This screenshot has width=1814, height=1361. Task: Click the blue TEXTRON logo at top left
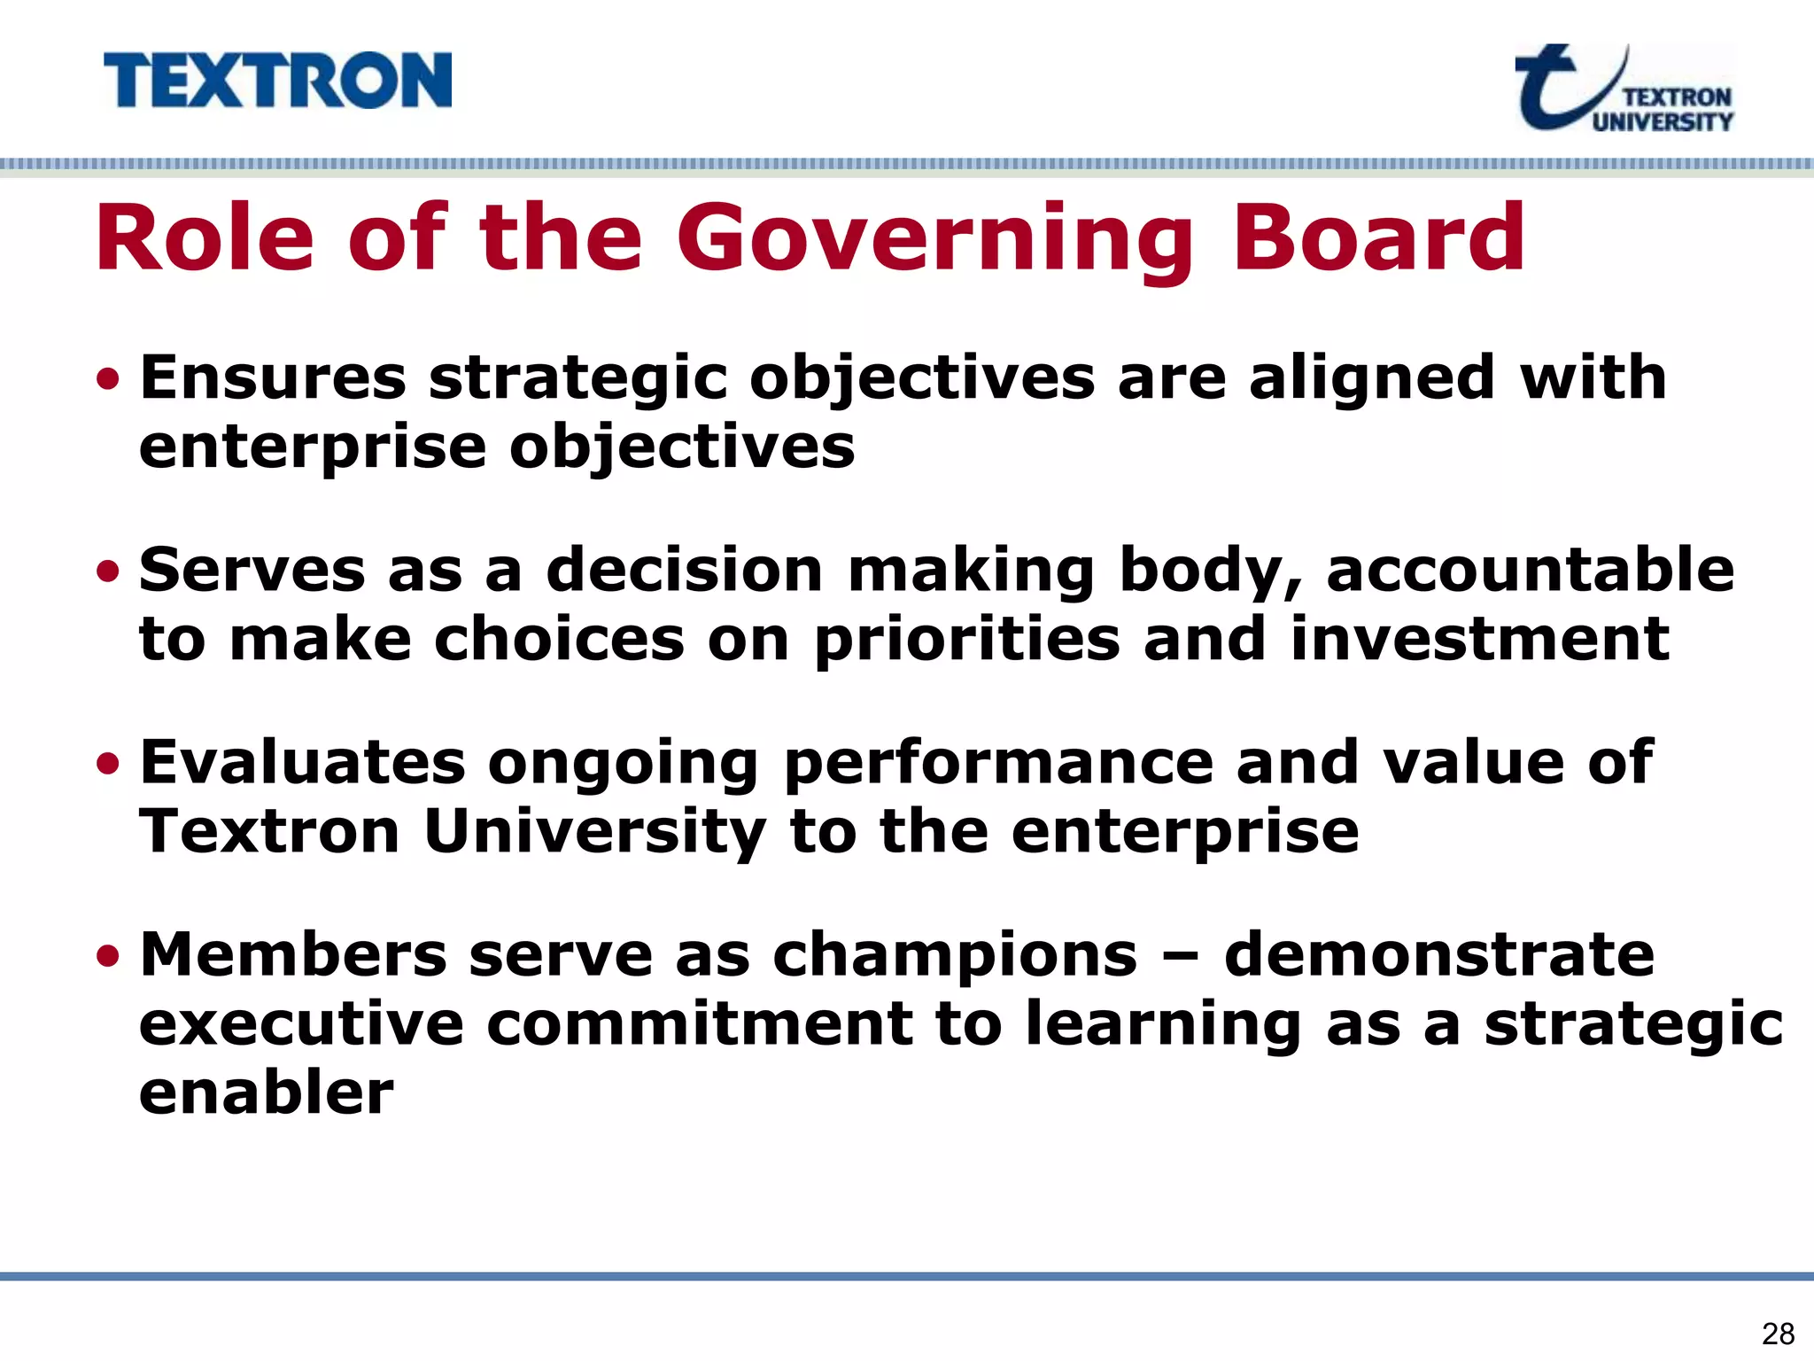[277, 81]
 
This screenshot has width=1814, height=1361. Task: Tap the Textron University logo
[1624, 89]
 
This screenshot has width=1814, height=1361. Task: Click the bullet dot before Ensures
[108, 379]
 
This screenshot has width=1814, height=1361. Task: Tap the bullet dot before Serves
[108, 572]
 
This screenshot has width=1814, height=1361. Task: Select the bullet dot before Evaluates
[108, 763]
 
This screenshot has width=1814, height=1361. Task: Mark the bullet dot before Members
[108, 956]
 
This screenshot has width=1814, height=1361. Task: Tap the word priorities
[967, 641]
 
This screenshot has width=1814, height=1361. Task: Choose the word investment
[1479, 639]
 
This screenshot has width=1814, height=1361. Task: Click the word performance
[998, 763]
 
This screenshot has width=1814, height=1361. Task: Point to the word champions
[954, 957]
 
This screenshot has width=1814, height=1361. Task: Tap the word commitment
[699, 1024]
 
